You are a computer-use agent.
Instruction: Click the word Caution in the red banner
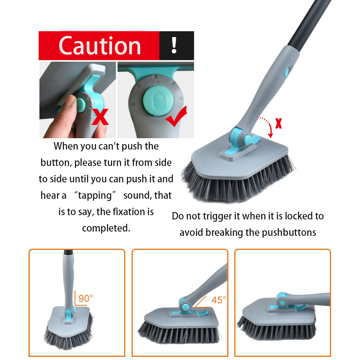point(100,46)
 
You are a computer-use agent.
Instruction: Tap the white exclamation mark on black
point(174,45)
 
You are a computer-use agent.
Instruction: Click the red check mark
point(176,116)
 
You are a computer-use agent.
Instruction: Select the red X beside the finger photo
point(100,117)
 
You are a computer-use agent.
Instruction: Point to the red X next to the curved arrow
point(278,123)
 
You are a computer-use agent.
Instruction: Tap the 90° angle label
point(86,298)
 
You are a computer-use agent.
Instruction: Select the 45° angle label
point(219,300)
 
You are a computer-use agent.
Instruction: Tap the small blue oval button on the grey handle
point(287,72)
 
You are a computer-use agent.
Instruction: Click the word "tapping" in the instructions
point(95,195)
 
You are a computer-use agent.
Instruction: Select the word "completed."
point(106,228)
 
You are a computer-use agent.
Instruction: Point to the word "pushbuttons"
point(289,232)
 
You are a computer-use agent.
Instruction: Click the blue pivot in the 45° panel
point(184,305)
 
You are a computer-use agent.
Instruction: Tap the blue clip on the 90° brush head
point(68,315)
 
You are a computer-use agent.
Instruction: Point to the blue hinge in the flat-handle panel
point(282,299)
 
